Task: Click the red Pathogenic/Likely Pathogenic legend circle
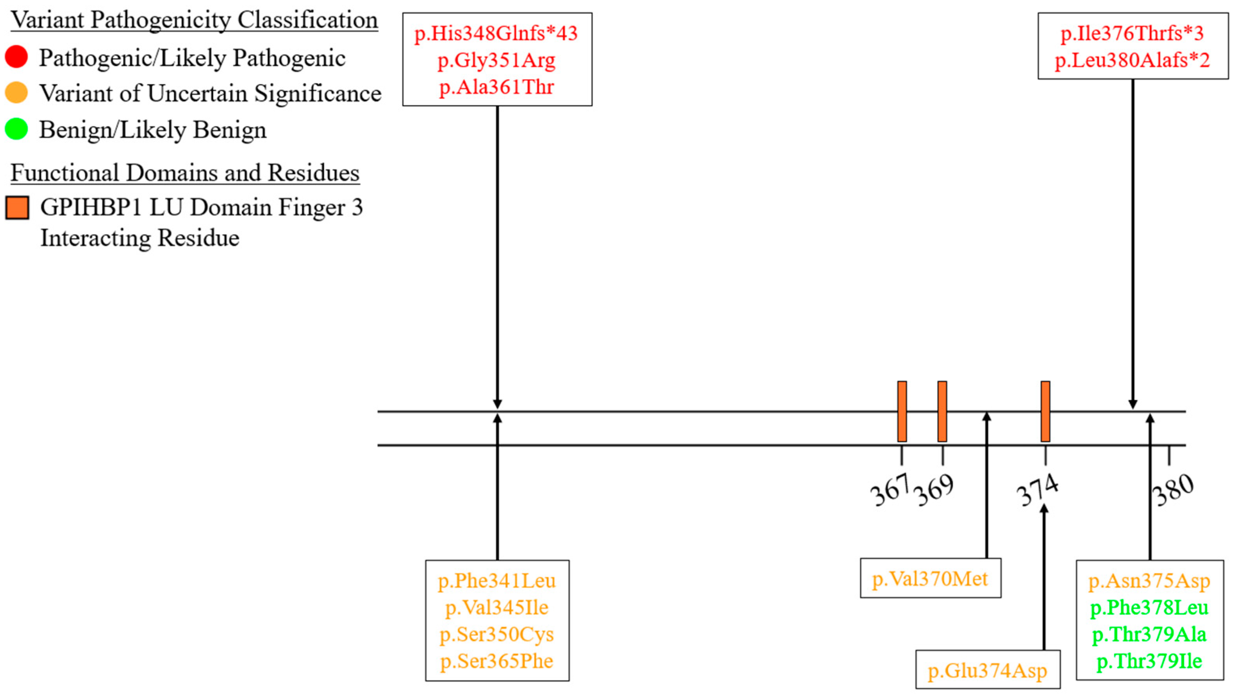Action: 16,57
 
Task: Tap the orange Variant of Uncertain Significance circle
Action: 16,93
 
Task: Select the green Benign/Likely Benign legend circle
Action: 16,129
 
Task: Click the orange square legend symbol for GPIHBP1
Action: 17,208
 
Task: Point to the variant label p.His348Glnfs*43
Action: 496,34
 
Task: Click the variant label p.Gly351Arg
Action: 496,61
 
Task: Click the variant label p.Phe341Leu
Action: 497,581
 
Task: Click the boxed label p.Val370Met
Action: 930,579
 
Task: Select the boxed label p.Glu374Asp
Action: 988,671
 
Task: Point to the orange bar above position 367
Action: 902,412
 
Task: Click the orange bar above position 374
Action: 1045,412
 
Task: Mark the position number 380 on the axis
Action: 1172,490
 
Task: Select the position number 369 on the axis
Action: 933,490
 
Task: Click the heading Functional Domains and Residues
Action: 185,173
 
